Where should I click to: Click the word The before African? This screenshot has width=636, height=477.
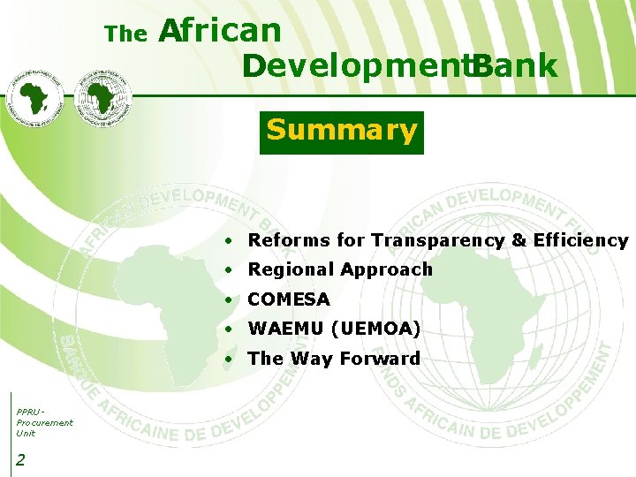point(125,34)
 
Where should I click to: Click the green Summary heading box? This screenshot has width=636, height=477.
point(341,132)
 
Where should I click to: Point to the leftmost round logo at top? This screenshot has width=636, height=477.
point(38,97)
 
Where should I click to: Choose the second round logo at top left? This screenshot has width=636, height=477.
point(103,95)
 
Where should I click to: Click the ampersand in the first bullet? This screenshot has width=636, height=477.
point(519,240)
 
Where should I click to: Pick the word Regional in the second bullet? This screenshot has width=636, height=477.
point(291,269)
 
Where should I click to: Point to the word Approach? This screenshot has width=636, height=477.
point(387,270)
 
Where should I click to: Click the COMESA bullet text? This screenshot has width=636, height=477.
point(289,299)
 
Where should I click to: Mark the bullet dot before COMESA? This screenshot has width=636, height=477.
point(229,300)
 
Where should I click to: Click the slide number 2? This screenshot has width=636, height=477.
point(20,458)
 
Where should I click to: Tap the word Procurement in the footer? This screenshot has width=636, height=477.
point(44,422)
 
